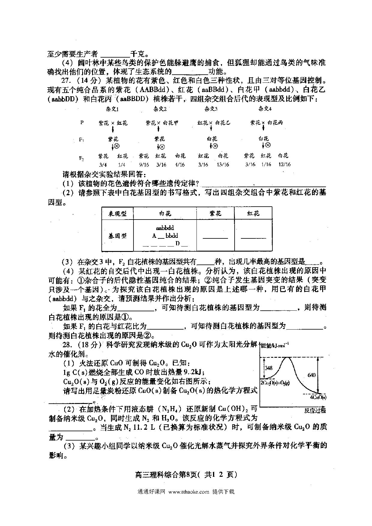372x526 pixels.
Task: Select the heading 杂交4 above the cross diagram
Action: click(x=265, y=109)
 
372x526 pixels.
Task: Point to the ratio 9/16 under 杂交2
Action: click(x=144, y=165)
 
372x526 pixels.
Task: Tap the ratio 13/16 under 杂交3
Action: click(x=223, y=165)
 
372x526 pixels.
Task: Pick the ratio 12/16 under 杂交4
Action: click(x=284, y=165)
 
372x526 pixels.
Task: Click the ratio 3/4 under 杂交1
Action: click(x=103, y=165)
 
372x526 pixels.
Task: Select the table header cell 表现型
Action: click(x=117, y=214)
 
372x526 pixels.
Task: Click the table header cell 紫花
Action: click(x=215, y=214)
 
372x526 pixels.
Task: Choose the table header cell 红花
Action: click(x=253, y=214)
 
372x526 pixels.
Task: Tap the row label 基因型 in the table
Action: click(x=117, y=236)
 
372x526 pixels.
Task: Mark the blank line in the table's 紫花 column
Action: click(x=215, y=238)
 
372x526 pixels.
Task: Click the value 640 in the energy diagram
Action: click(x=311, y=375)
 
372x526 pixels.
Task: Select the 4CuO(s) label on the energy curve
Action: click(x=318, y=397)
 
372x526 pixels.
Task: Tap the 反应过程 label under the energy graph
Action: click(x=315, y=411)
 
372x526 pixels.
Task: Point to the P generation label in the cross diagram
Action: click(x=82, y=123)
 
